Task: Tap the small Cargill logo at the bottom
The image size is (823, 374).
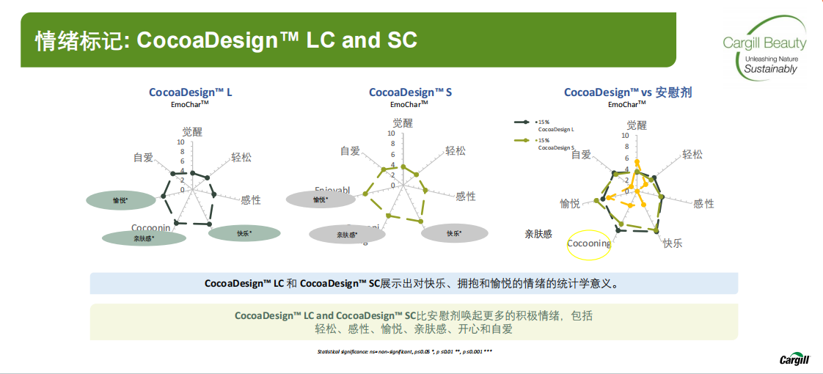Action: click(796, 359)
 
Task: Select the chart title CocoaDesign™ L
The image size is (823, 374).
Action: click(191, 92)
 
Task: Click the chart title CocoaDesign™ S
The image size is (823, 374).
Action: click(410, 92)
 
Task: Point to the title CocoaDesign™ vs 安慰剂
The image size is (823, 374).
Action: click(627, 92)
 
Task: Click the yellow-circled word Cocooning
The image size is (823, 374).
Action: click(589, 243)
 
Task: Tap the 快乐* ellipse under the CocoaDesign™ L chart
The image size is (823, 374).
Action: click(244, 233)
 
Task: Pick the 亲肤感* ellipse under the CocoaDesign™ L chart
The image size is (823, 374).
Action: click(144, 238)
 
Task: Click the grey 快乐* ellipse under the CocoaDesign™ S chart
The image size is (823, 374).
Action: click(454, 233)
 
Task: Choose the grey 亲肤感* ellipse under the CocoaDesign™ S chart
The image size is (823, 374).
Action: click(347, 234)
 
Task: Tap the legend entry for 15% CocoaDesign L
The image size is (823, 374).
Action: click(553, 125)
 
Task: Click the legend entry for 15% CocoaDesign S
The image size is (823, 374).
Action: click(553, 144)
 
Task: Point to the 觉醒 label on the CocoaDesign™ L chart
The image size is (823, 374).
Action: click(192, 131)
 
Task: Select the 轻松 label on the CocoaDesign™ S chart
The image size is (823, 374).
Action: click(455, 151)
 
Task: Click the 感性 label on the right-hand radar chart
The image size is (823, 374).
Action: click(703, 203)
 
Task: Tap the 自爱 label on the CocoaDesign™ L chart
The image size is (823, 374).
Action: click(143, 157)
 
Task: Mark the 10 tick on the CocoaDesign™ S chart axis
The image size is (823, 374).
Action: click(391, 133)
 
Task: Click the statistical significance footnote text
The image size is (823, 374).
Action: click(404, 352)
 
